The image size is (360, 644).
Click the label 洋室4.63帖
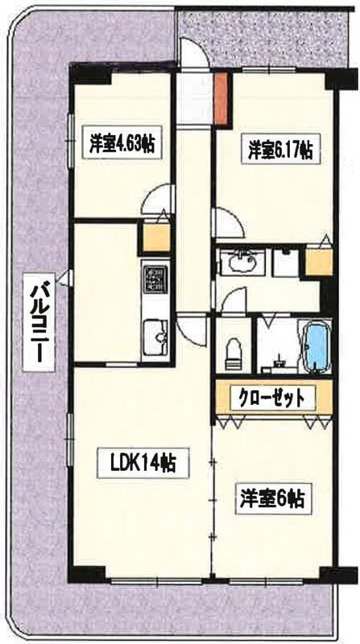click(122, 145)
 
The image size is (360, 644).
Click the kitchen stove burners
click(154, 279)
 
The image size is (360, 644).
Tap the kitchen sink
click(154, 332)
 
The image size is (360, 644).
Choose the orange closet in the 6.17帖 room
click(319, 261)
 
